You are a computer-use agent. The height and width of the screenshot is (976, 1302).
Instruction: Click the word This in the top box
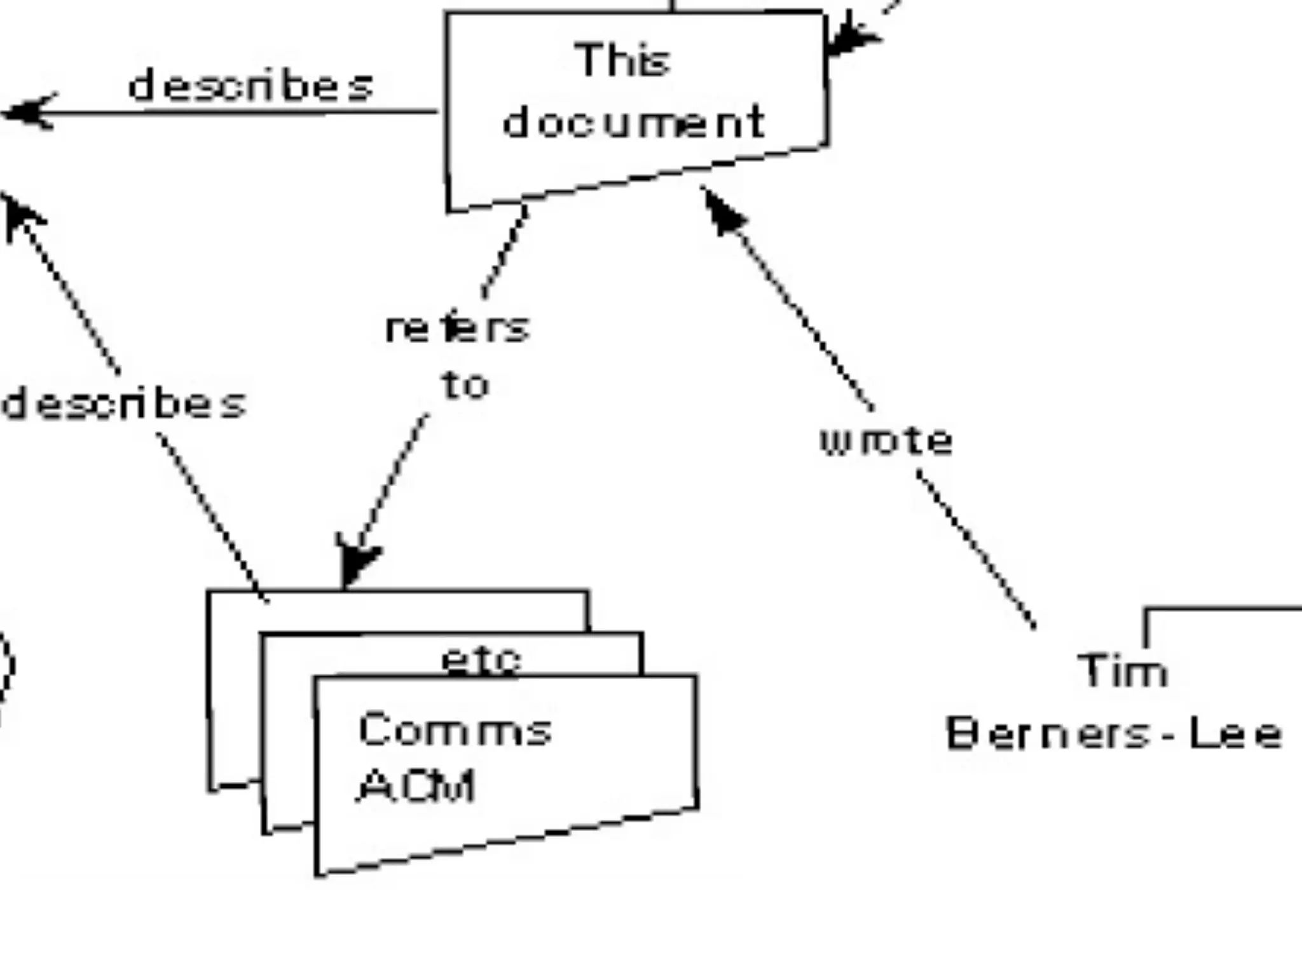coord(623,61)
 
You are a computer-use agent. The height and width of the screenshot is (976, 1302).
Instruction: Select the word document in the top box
coord(634,122)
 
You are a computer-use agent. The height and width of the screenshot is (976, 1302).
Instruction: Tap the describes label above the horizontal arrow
coord(250,86)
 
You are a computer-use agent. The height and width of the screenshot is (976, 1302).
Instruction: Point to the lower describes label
coord(124,403)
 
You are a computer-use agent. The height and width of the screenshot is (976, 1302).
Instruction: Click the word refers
coord(457,329)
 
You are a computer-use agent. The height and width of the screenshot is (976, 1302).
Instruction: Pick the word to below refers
coord(465,385)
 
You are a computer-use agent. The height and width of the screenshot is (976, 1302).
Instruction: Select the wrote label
coord(886,440)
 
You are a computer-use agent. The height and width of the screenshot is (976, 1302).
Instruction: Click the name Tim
coord(1123,671)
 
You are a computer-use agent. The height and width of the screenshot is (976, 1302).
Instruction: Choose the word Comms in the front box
coord(455,729)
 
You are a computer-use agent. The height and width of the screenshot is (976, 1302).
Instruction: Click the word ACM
coord(417,786)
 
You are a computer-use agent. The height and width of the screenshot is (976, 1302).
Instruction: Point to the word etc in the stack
coord(481,661)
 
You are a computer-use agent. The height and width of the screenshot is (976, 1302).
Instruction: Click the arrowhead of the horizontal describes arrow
coord(25,113)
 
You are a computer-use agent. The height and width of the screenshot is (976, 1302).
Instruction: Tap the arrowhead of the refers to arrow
coord(356,562)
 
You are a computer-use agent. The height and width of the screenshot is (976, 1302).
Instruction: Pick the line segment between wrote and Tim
coord(976,550)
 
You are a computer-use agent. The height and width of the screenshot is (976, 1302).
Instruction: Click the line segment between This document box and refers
coord(505,252)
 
